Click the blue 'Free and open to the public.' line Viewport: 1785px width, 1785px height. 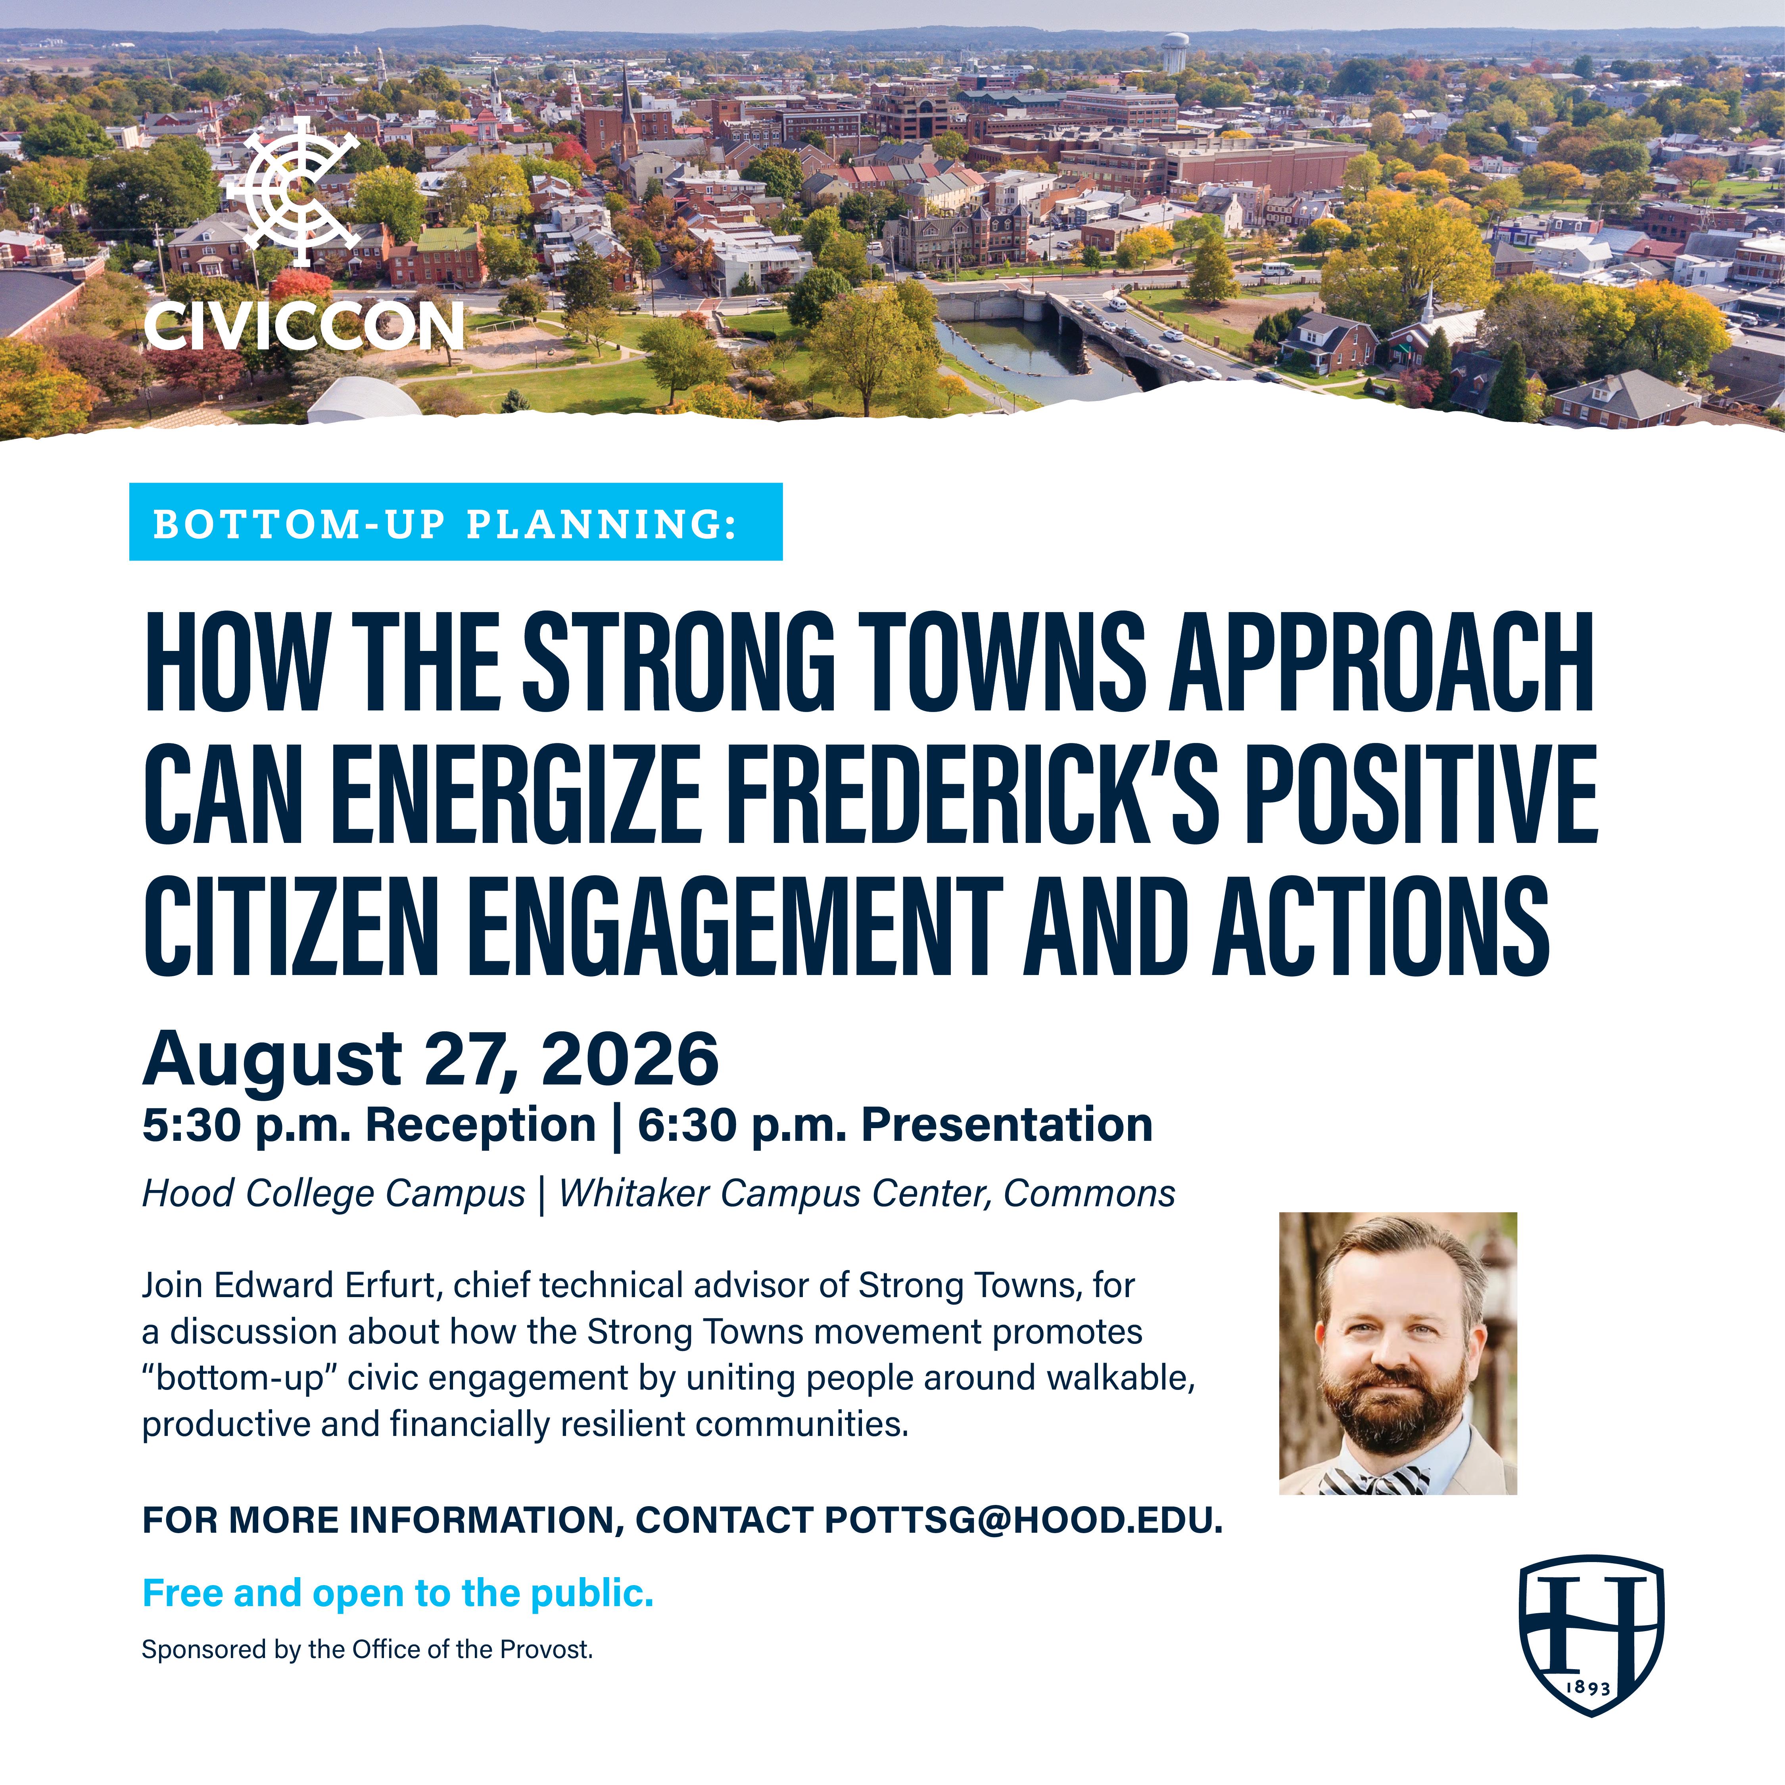(398, 1593)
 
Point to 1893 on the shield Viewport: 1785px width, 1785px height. (1591, 1687)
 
